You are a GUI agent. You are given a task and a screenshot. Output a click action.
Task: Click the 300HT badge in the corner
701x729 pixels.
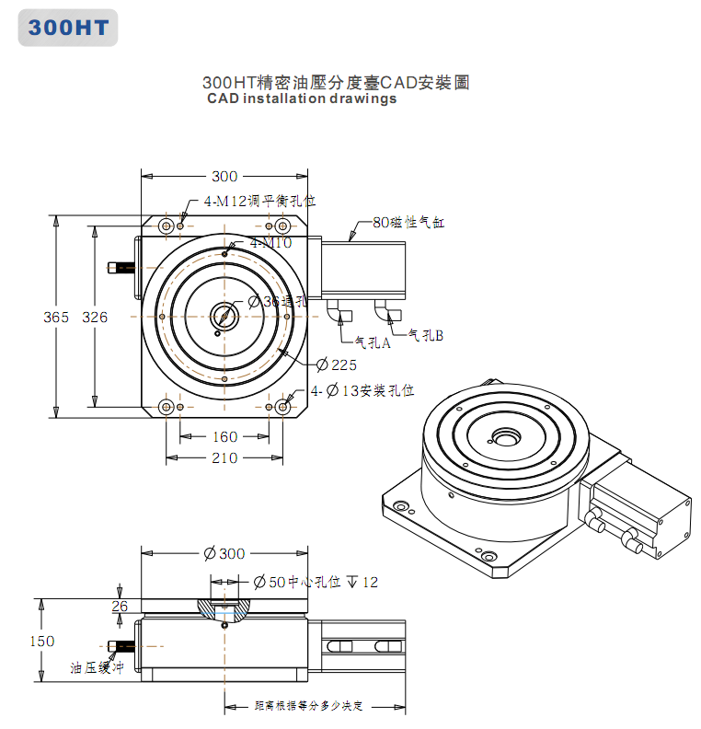point(67,28)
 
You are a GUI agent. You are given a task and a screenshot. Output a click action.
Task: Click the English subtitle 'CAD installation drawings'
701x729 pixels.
point(302,99)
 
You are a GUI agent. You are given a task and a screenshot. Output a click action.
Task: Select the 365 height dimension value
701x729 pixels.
point(56,317)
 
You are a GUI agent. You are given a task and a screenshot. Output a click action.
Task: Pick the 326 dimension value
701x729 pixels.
point(95,317)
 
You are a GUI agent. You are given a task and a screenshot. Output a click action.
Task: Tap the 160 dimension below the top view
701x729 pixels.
point(224,437)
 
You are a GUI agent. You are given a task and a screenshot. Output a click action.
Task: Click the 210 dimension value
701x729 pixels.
point(224,457)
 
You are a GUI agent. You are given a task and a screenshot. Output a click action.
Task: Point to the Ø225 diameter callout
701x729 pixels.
point(337,364)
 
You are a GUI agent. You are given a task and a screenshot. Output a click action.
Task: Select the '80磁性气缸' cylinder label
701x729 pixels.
point(408,222)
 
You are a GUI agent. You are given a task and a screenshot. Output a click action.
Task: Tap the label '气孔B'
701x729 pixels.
point(426,336)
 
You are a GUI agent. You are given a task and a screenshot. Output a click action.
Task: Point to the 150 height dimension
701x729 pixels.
point(42,641)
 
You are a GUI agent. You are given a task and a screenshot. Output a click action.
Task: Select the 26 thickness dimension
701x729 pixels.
point(120,605)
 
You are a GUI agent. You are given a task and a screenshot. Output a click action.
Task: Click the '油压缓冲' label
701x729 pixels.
point(97,668)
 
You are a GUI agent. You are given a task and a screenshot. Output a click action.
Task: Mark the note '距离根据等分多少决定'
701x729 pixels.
point(309,706)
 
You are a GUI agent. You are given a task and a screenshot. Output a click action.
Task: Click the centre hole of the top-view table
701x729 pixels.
point(224,316)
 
